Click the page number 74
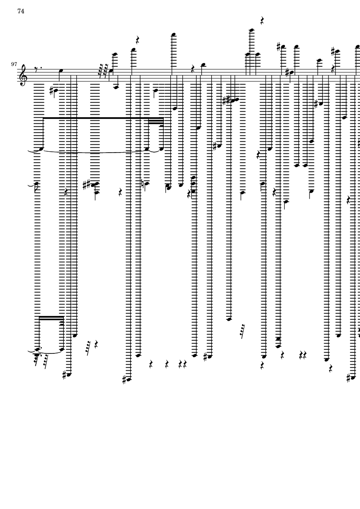pos(21,11)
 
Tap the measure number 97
pos(14,64)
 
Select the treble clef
pos(23,75)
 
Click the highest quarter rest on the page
pos(262,21)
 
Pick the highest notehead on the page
pos(251,30)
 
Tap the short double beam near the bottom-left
pos(51,318)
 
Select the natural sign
pos(142,184)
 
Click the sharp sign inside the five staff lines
pos(287,72)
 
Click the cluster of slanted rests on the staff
pos(103,72)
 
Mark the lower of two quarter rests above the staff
pos(138,40)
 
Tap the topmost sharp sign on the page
pos(279,47)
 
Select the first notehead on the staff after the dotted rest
pos(60,70)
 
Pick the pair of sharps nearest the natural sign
pos(86,185)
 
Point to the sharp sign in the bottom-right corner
pos(348,378)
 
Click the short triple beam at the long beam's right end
pos(156,122)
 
